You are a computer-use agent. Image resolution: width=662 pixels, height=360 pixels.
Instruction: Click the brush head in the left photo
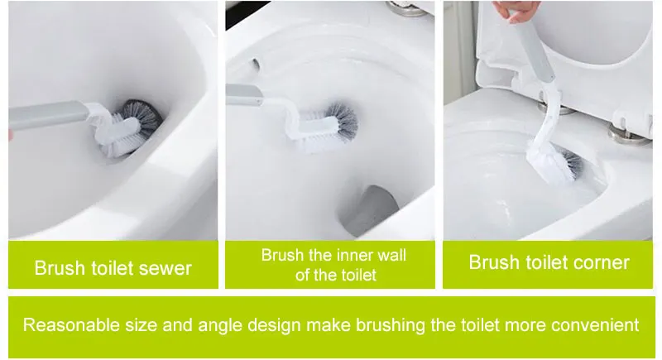point(129,127)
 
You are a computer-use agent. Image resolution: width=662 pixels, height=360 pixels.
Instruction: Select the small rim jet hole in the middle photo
point(257,65)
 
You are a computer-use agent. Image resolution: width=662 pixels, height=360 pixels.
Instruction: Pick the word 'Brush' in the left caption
point(60,268)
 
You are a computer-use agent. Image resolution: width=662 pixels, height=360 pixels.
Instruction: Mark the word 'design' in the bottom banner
point(275,326)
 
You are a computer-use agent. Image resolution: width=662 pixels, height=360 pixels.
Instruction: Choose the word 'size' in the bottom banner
point(141,325)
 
